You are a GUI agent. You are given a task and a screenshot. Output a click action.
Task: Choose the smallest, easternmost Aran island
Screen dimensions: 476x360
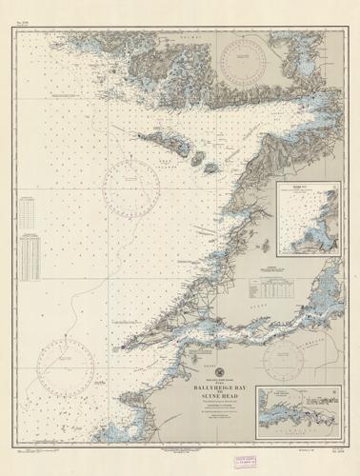tap(212, 169)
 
